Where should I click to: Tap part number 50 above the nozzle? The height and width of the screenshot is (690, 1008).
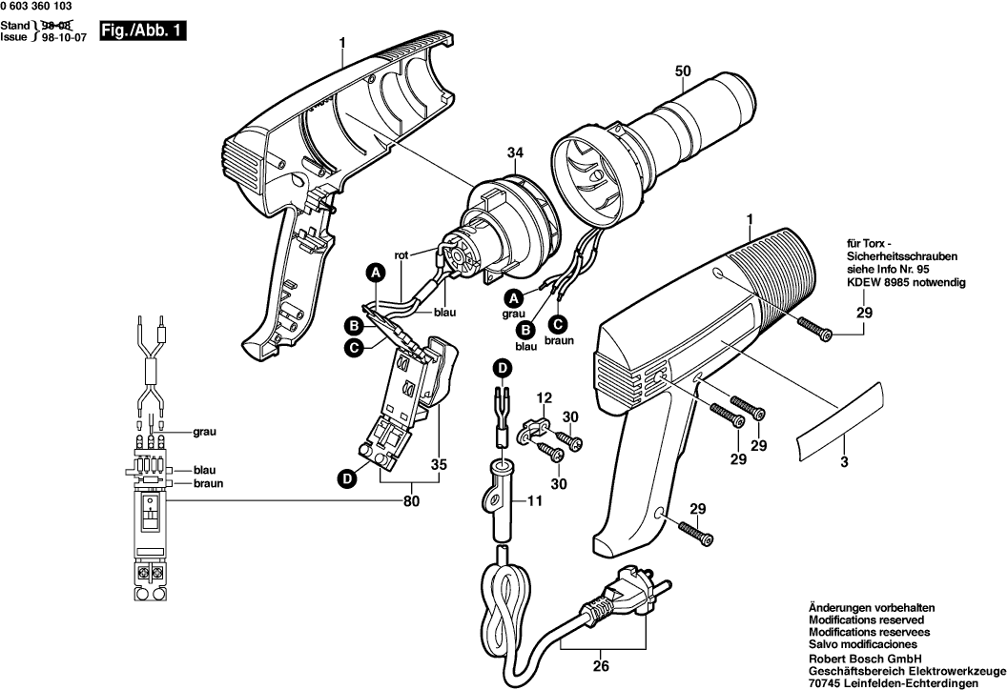[x=683, y=71]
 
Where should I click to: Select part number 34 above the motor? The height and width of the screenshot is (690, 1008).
[x=516, y=153]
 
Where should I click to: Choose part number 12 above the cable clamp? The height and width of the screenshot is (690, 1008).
[x=543, y=397]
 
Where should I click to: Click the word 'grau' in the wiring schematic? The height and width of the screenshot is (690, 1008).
[x=205, y=432]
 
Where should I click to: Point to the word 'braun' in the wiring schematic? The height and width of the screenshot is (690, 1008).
[x=208, y=483]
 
